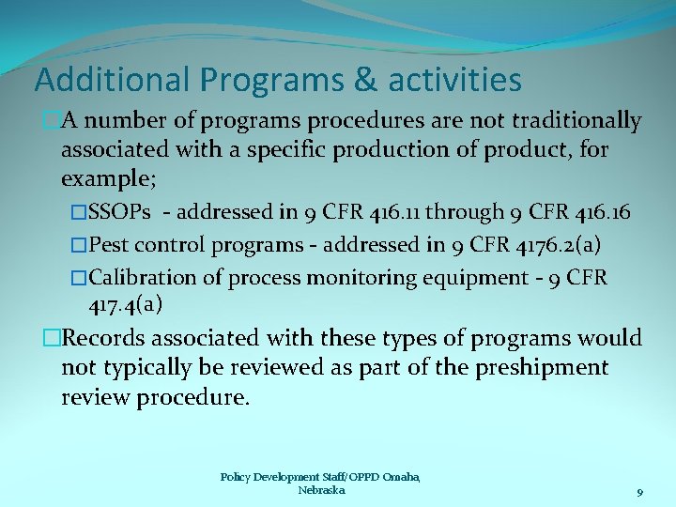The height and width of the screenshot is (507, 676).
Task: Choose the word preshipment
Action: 539,367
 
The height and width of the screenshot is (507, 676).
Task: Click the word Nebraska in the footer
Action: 321,490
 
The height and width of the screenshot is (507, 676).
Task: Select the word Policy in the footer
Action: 236,477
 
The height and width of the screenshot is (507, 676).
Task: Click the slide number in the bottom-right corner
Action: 639,492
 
